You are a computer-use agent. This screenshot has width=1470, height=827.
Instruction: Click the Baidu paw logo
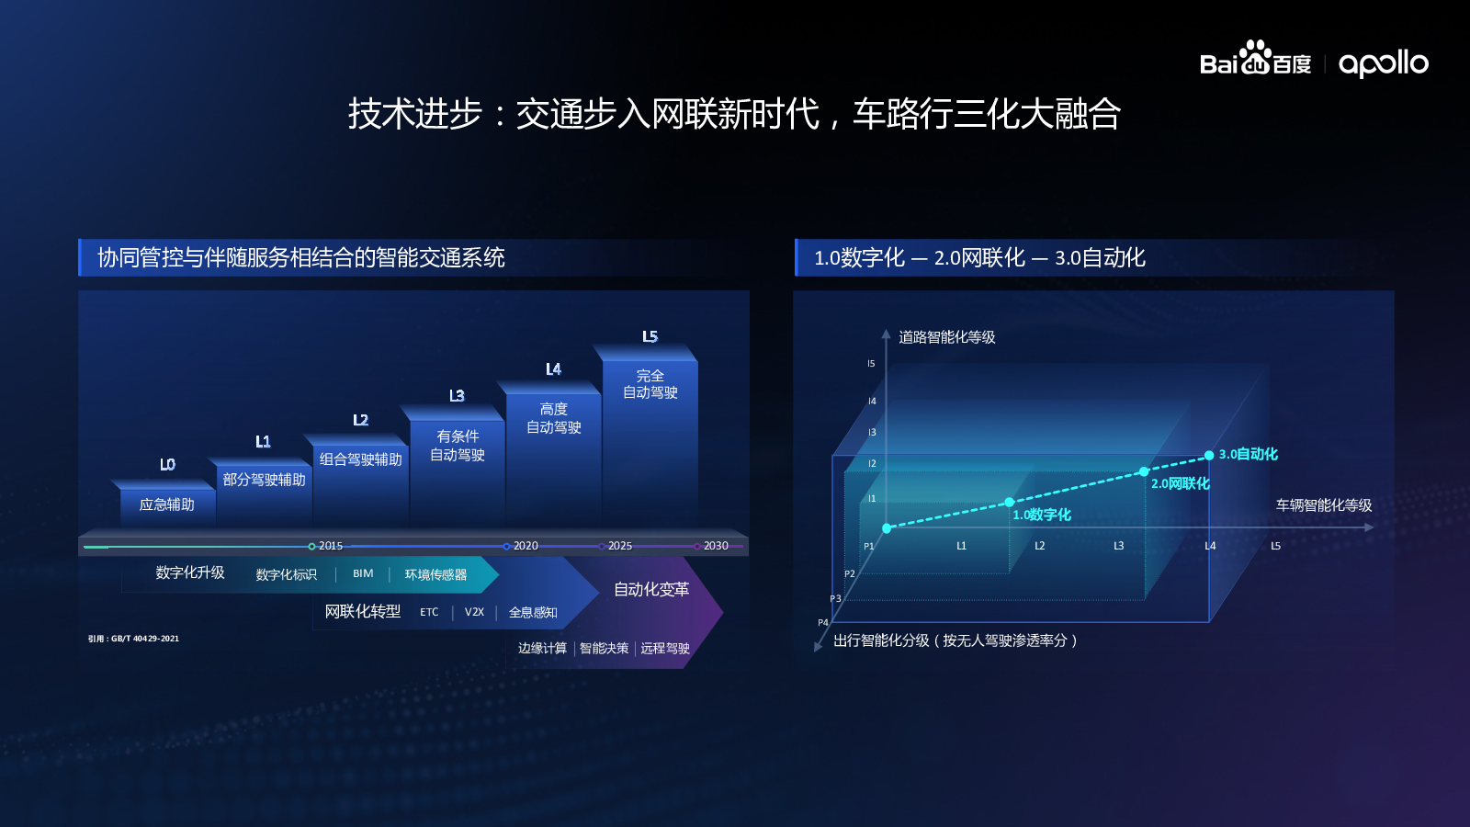1255,57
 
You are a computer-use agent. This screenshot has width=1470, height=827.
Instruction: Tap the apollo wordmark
1384,64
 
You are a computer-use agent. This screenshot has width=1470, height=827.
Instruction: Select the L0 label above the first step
167,465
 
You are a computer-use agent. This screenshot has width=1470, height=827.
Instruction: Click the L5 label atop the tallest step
650,336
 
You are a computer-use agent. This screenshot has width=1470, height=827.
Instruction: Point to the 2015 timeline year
331,546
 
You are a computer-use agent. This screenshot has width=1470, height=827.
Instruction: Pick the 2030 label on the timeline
716,546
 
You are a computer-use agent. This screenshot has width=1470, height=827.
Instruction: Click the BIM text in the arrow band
363,573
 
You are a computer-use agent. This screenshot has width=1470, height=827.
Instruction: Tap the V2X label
474,612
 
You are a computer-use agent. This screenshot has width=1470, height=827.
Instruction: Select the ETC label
429,612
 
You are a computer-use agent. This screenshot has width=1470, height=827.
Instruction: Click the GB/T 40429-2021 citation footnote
133,639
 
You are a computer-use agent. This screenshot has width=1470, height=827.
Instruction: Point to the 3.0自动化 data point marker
1209,456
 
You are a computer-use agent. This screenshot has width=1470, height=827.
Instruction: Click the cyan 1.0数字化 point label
1042,515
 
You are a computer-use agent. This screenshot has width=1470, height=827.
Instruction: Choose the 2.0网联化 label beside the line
1180,483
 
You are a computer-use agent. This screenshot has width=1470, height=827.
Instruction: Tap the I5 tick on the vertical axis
871,364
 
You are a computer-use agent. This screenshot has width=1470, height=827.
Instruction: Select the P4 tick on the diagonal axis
823,622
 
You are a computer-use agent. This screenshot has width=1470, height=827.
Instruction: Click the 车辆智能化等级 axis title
1324,505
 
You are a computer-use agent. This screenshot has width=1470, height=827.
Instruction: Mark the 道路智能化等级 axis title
947,337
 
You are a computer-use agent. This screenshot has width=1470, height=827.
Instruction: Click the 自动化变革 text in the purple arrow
651,589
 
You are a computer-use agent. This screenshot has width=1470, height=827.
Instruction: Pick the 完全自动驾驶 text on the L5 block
650,384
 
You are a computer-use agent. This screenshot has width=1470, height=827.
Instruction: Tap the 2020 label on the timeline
526,546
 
